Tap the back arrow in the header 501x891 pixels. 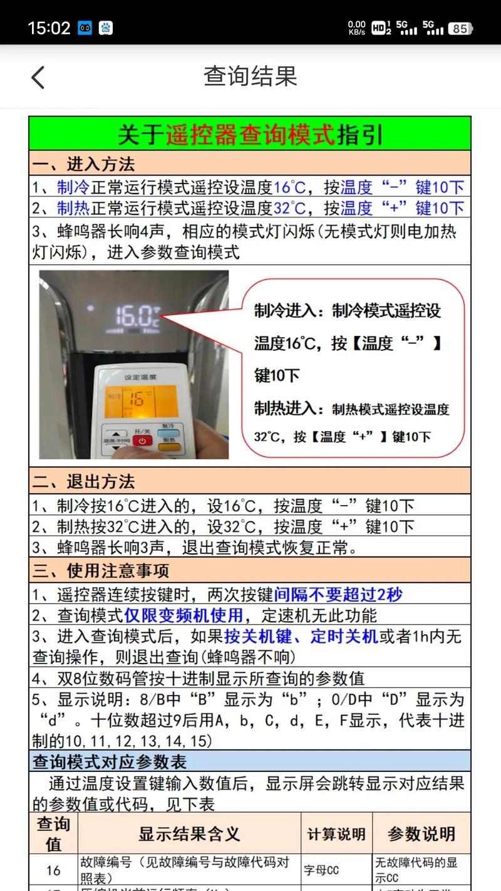[x=38, y=77]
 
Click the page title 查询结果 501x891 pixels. [x=250, y=76]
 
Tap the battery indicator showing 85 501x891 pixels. [x=460, y=28]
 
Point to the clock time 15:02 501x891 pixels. [x=48, y=28]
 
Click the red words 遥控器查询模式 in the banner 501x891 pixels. [x=250, y=134]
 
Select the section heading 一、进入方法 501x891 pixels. [x=83, y=165]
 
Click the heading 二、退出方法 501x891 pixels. [x=83, y=481]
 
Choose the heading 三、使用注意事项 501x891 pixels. [x=100, y=570]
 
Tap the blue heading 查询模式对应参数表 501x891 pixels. [x=110, y=762]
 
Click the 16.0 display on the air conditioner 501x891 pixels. [x=136, y=315]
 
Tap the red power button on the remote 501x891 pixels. [x=142, y=441]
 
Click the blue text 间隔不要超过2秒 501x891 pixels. [x=338, y=595]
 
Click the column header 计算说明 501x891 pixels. [x=336, y=834]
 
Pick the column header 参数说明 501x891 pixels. [x=421, y=834]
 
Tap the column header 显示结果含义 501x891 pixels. [x=189, y=834]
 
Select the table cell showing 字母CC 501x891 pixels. [x=321, y=870]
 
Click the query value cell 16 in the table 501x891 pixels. [x=53, y=870]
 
